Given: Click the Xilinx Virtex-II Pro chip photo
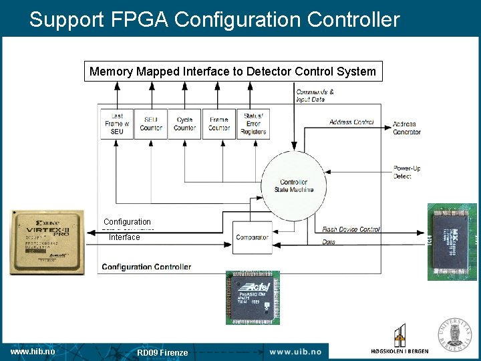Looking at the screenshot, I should coord(47,242).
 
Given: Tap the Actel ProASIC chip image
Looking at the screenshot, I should coord(253,297).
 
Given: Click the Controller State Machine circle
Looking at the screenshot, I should coord(293,186).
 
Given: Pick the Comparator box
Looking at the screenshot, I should coord(252,237).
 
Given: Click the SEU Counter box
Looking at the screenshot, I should coord(151,124).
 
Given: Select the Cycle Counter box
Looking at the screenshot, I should coord(184,124).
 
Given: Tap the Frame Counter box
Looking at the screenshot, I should coord(218,124).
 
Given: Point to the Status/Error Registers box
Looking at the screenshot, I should coord(253,124).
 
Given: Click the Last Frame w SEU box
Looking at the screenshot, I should coord(117,124).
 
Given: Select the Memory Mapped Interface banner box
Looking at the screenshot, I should coord(232,72).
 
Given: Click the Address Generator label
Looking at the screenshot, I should coord(407,128).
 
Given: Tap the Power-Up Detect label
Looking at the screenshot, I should coord(406,172).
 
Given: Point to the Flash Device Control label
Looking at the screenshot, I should coord(351,229).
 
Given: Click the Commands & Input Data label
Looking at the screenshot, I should coord(315,96).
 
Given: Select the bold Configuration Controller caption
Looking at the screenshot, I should coord(146,267).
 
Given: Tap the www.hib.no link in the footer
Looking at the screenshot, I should coord(33,352).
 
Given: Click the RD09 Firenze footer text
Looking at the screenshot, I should coord(162,352).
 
